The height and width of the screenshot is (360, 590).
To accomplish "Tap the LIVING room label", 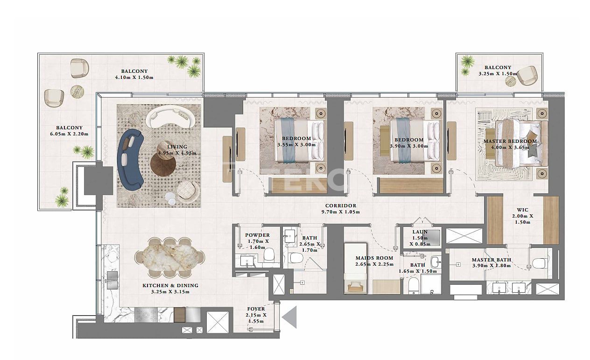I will coord(177,147).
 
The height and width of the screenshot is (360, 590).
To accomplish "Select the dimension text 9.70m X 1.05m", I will coord(341,212).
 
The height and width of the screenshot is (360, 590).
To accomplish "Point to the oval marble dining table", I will coord(169,258).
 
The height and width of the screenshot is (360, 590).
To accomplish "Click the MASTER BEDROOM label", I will coord(510,141).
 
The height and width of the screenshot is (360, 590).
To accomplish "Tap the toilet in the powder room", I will coord(269,255).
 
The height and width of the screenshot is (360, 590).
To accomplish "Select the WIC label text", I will coord(523,210).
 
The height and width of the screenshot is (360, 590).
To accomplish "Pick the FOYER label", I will coord(256,309).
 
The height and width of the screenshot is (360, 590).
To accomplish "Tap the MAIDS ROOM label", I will coord(374,258).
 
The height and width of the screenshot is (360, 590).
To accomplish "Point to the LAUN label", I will coord(420,232).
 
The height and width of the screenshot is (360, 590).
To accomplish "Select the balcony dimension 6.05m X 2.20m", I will coord(69,134).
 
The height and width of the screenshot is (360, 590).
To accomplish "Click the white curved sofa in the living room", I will coord(170,116).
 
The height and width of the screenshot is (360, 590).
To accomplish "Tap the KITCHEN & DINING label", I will coord(170,285).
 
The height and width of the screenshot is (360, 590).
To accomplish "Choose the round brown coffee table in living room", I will coord(163,163).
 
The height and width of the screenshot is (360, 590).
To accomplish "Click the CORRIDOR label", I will coord(341,205).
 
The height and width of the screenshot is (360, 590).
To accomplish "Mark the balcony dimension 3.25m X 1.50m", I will coord(498,74).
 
